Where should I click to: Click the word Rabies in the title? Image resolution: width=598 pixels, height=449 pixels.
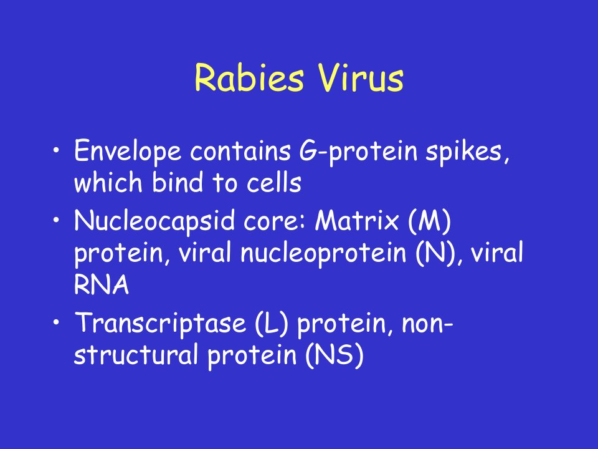tap(249, 77)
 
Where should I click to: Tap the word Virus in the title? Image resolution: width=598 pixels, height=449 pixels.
tap(361, 77)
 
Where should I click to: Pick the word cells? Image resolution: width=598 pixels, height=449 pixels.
tap(274, 181)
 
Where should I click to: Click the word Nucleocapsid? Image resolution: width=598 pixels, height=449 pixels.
tap(154, 221)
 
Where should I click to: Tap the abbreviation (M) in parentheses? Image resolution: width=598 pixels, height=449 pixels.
tap(429, 221)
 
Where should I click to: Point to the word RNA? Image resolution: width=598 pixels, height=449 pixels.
tap(102, 284)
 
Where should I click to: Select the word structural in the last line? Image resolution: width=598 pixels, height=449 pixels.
tap(136, 355)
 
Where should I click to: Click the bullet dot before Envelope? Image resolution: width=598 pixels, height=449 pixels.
tap(57, 150)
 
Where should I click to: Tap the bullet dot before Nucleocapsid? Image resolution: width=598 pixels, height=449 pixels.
tap(57, 220)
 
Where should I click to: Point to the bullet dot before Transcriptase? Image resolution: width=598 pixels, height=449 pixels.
tap(57, 322)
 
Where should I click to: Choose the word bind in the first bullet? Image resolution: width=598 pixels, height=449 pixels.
tap(178, 181)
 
